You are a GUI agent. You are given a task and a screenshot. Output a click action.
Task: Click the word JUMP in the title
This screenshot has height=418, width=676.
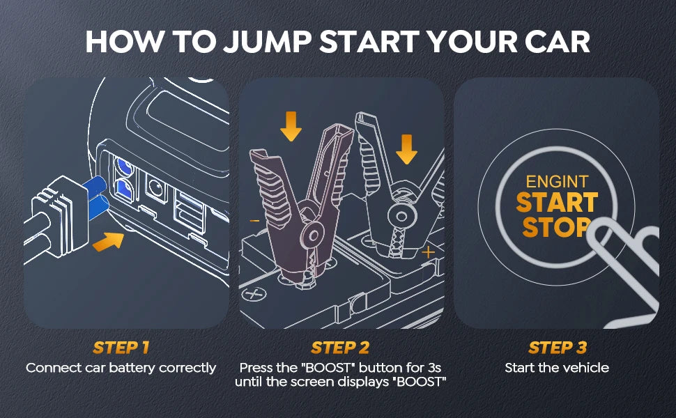[x=267, y=42]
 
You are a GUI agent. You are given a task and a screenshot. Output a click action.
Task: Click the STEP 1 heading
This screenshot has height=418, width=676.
[x=121, y=348]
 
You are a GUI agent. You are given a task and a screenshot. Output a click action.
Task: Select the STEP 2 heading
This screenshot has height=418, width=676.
[x=340, y=348]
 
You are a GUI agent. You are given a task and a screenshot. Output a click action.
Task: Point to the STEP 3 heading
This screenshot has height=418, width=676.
[x=558, y=348]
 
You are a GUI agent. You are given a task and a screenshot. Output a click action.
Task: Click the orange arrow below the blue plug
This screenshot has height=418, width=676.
[x=108, y=241]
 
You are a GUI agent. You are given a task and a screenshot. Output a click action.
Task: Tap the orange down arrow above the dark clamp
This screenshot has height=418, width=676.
[x=291, y=126]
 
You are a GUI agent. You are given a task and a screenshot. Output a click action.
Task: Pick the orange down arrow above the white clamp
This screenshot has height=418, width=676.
[x=406, y=149]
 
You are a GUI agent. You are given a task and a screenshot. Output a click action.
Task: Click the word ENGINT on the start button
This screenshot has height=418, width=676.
[x=557, y=181]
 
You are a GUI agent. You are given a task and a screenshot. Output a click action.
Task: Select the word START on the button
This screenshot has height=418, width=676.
[x=557, y=203]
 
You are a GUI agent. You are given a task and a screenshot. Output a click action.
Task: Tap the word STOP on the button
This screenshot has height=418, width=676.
[x=556, y=226]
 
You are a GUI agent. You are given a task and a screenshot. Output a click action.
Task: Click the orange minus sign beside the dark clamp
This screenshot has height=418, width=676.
[x=255, y=221]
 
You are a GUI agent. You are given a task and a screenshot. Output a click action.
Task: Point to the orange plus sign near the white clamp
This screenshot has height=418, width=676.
[x=428, y=252]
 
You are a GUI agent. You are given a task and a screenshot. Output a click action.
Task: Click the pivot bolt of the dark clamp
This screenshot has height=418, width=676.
[x=314, y=235]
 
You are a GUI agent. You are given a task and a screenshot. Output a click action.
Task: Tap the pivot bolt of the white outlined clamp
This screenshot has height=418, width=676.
[x=401, y=215]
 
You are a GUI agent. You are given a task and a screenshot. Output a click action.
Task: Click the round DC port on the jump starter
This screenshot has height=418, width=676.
[x=155, y=188]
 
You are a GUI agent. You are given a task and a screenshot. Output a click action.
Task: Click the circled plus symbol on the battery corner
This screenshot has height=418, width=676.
[x=254, y=294]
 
